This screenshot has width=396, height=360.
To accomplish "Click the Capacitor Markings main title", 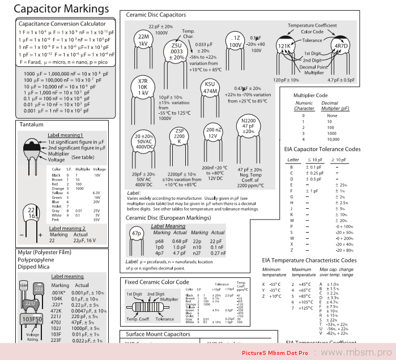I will [x=61, y=9].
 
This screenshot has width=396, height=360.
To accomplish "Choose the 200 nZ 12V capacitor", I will [x=213, y=132].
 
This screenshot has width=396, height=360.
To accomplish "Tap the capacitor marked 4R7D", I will [x=340, y=45].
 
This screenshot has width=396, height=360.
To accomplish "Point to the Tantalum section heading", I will [x=31, y=125].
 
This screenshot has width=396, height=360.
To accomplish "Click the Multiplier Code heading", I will [x=310, y=95].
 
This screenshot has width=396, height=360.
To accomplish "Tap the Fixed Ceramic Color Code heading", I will [x=157, y=282].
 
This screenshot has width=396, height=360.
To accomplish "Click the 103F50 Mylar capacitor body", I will [x=32, y=319].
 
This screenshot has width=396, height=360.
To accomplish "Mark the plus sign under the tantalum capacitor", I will [x=40, y=234].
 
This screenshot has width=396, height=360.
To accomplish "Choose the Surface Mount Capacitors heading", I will [x=158, y=335].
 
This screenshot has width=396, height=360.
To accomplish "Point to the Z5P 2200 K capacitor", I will [x=179, y=138].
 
